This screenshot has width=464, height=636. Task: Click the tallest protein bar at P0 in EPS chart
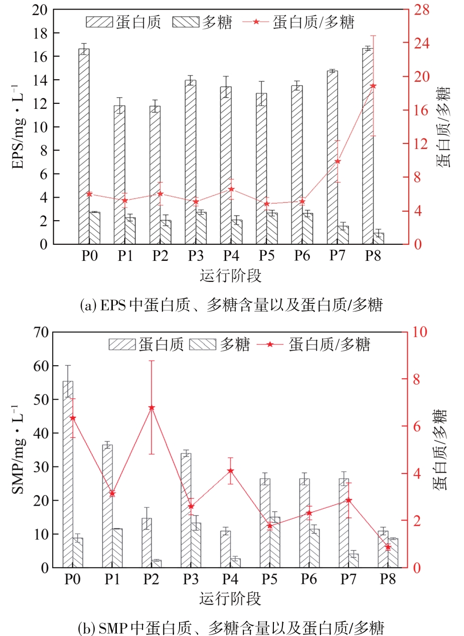[84, 146]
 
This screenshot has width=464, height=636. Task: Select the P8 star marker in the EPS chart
[373, 86]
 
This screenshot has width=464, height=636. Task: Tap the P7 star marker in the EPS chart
[338, 162]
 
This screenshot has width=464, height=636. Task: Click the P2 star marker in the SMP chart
[151, 408]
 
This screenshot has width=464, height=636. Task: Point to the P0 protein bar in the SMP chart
[68, 474]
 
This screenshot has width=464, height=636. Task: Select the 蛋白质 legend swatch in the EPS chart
[99, 22]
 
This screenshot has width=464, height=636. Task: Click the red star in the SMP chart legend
[270, 345]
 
